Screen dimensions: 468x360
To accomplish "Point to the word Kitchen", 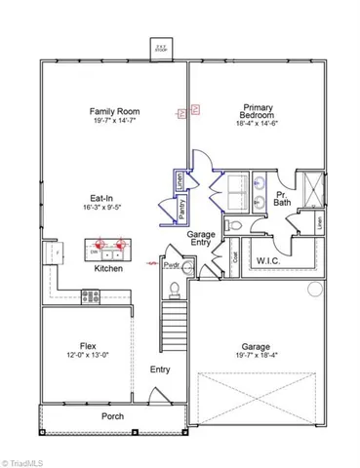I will [x=108, y=268].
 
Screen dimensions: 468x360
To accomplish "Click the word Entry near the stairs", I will [x=160, y=370].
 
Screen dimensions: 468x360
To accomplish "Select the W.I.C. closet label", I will [x=267, y=261].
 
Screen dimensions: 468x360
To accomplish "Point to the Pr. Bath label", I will [x=282, y=198].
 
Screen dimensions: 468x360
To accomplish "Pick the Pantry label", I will [x=183, y=207].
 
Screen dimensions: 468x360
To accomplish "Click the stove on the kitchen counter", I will [x=91, y=293].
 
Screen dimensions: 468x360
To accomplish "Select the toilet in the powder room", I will [x=175, y=290].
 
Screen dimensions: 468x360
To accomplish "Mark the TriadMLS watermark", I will [x=28, y=457].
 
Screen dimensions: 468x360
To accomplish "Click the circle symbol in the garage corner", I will [x=314, y=290].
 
